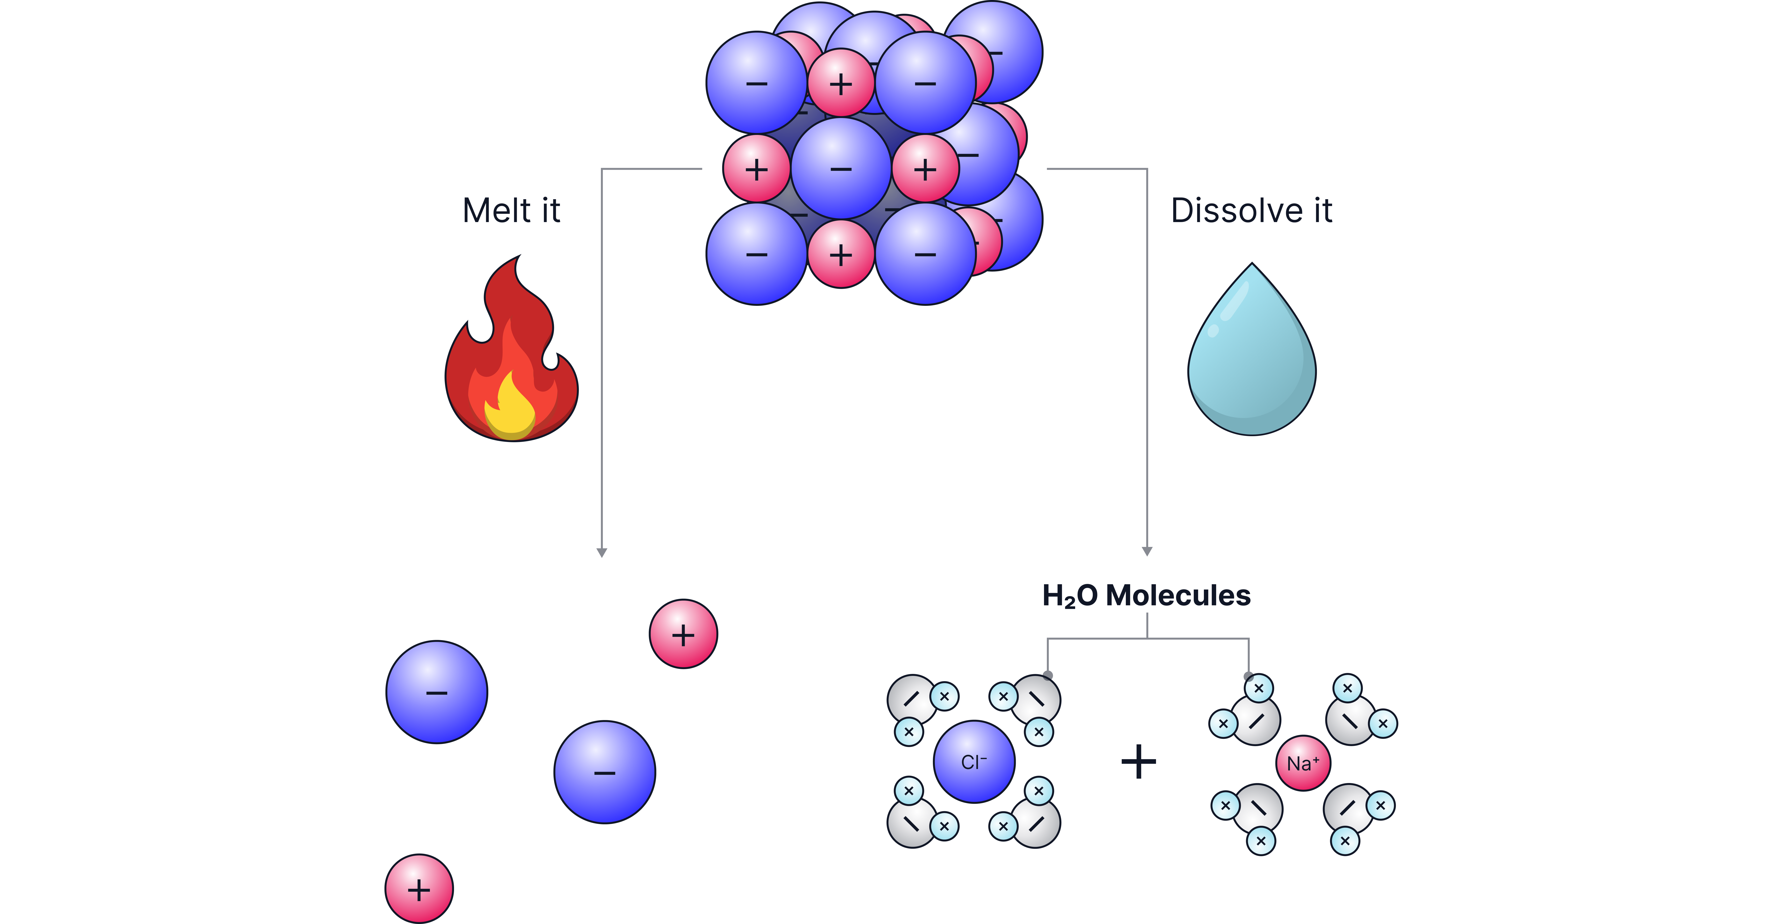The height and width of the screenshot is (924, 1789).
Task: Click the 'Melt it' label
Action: tap(511, 210)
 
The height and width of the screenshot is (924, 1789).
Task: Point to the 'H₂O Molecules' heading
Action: tap(1147, 596)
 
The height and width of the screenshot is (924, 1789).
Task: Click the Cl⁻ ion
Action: tap(974, 762)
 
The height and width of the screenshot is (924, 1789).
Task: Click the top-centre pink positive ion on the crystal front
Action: tap(841, 83)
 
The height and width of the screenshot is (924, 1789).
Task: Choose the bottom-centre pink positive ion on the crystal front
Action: tap(841, 254)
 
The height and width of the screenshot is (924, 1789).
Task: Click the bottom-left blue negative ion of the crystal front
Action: tap(757, 254)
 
